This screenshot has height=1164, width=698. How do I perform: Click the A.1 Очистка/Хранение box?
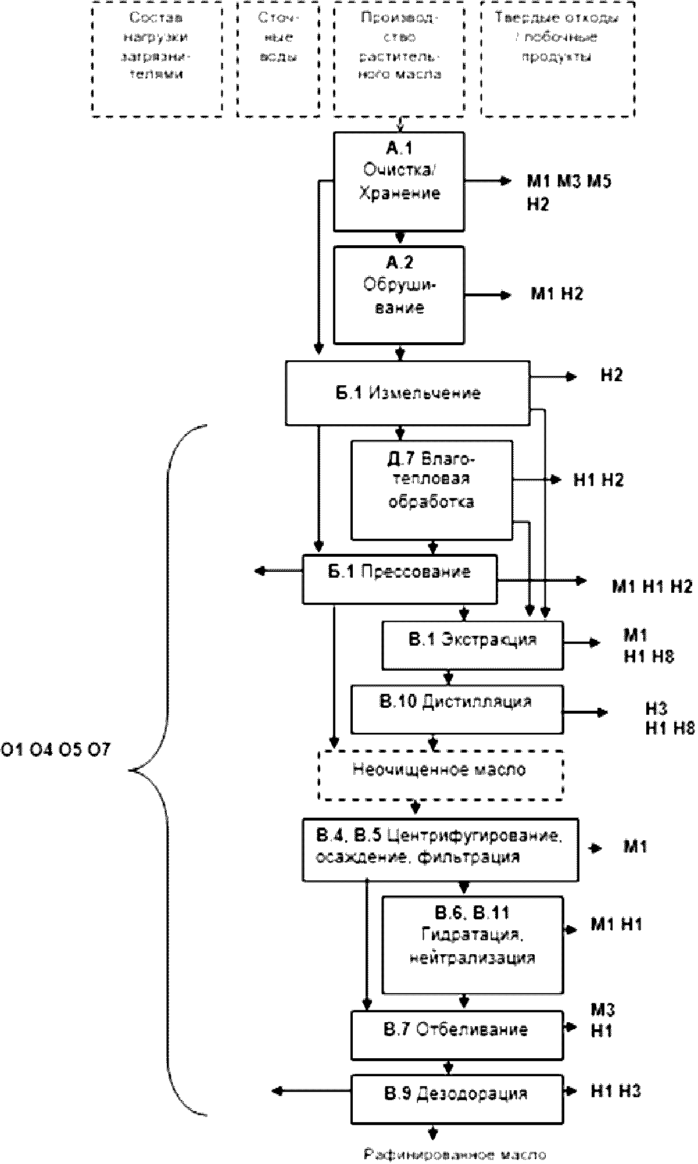[x=399, y=181]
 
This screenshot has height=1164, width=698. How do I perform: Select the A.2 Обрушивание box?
[x=399, y=295]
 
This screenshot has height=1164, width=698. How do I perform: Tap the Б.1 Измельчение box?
[x=407, y=393]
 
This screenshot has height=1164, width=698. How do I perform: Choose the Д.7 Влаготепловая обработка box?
[x=431, y=490]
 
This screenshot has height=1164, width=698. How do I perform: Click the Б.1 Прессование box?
[x=399, y=579]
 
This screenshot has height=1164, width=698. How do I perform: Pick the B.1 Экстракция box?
[x=472, y=645]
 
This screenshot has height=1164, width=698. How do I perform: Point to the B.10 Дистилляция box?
[x=456, y=708]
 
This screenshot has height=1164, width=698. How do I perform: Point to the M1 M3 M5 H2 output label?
[x=568, y=192]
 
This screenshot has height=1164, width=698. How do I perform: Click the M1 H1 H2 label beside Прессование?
[x=652, y=586]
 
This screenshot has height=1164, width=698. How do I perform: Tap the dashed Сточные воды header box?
[x=278, y=59]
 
